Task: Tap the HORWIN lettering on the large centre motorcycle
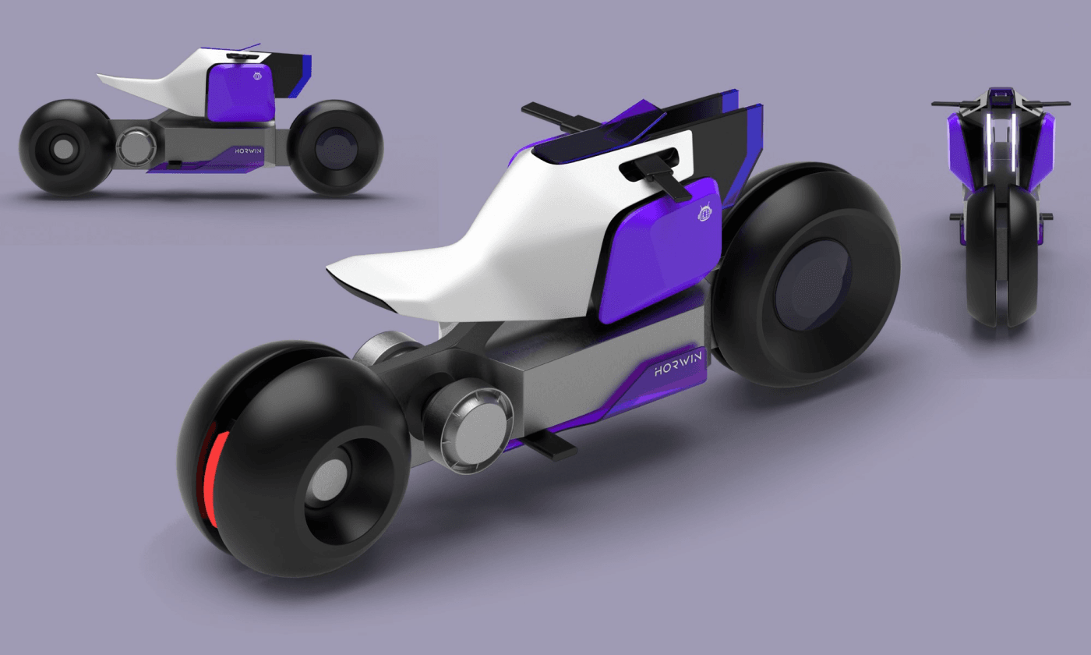(679, 363)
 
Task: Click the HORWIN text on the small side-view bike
(248, 151)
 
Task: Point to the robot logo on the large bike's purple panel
(704, 212)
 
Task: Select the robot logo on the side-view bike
(258, 76)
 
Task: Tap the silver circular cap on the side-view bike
(136, 145)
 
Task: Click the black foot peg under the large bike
(550, 445)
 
